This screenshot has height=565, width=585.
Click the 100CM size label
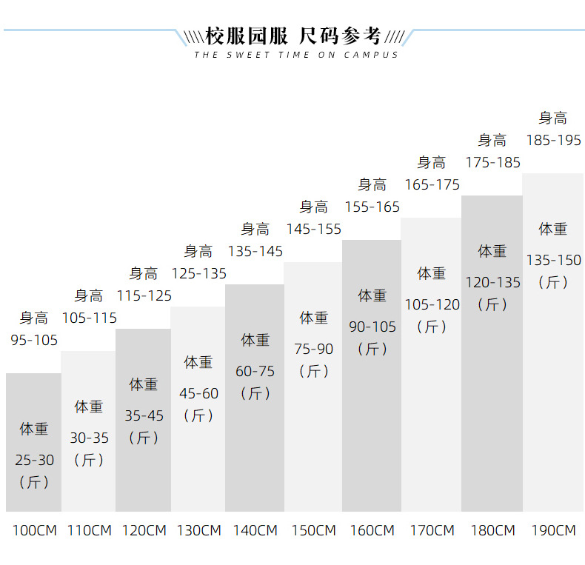click(x=33, y=530)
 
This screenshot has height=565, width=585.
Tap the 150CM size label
click(x=314, y=530)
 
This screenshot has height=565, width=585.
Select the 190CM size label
click(x=553, y=530)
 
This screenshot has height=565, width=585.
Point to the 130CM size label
click(x=198, y=530)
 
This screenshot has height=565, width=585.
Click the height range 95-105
click(x=34, y=340)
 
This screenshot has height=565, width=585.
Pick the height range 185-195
click(x=553, y=140)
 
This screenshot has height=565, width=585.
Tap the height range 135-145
click(x=255, y=251)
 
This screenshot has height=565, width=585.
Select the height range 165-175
click(x=432, y=184)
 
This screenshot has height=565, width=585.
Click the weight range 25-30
click(x=34, y=460)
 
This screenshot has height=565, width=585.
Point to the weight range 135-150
click(x=553, y=260)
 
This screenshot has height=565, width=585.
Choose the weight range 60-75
click(x=255, y=371)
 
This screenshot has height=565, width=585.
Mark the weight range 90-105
click(x=372, y=327)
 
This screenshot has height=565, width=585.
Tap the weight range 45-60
click(x=198, y=393)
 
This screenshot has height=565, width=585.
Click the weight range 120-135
click(x=492, y=282)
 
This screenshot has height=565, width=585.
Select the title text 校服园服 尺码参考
click(x=293, y=36)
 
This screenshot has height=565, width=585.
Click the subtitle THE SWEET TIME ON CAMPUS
click(x=296, y=55)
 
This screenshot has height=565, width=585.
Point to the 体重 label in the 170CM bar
click(x=432, y=273)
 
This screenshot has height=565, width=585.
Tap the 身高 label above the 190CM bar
click(x=553, y=118)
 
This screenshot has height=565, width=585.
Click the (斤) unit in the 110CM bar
click(x=89, y=460)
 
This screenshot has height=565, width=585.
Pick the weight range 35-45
click(x=144, y=415)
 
